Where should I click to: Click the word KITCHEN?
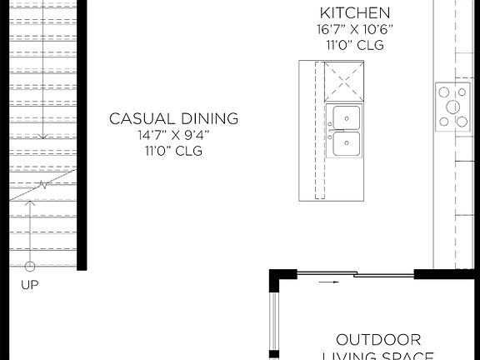tap(355, 12)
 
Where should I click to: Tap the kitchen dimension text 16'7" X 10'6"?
tap(355, 29)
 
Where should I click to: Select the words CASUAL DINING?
tap(173, 118)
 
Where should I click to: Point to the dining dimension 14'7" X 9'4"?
tap(173, 135)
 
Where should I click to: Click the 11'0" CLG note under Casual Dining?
tap(173, 151)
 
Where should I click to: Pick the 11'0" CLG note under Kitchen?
tap(355, 45)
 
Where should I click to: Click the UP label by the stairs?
tap(29, 284)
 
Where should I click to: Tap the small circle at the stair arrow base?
tap(30, 267)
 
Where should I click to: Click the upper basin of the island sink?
tap(346, 117)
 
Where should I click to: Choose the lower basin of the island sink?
tap(346, 143)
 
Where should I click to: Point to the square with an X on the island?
tap(343, 80)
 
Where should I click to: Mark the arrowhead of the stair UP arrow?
tap(30, 203)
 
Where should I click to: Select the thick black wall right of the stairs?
tap(82, 133)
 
